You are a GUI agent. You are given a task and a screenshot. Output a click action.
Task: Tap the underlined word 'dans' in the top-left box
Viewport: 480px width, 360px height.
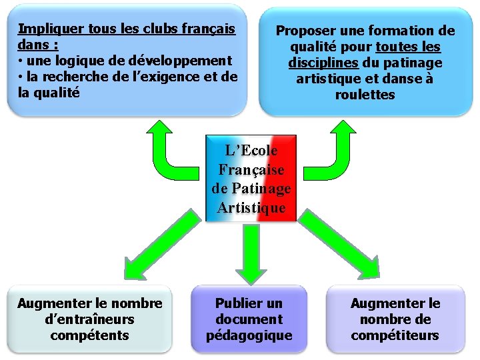click(x=31, y=45)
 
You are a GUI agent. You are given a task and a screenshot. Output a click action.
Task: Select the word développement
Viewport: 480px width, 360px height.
click(x=181, y=61)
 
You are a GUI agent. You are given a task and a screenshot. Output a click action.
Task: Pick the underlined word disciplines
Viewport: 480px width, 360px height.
click(x=323, y=63)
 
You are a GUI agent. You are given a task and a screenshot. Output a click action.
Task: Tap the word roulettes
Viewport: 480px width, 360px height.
click(x=365, y=95)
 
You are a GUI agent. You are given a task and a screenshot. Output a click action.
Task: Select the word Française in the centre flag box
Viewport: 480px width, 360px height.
click(x=251, y=170)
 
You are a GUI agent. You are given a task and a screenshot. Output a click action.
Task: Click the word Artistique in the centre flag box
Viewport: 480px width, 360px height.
click(x=251, y=207)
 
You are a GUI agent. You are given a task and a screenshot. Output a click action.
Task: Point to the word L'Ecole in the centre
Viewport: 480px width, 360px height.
click(x=251, y=151)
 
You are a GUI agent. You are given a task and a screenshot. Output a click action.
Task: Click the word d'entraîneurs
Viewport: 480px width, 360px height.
click(x=90, y=319)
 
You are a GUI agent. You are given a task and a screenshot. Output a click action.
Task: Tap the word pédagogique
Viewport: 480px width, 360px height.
click(x=249, y=335)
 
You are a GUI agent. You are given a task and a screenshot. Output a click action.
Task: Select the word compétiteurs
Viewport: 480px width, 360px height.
click(x=395, y=335)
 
